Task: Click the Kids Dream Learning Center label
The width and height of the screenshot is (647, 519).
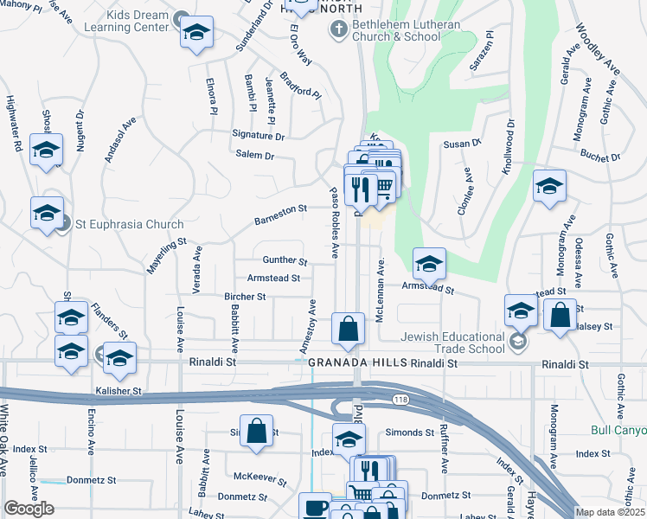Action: click(125, 21)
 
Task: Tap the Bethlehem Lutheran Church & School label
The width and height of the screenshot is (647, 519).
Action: click(396, 30)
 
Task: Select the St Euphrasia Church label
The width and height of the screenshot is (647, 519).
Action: click(129, 224)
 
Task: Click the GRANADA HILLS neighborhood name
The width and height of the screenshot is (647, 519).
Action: click(357, 365)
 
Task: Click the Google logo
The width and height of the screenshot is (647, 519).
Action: click(29, 509)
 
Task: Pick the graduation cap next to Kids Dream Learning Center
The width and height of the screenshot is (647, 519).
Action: click(196, 32)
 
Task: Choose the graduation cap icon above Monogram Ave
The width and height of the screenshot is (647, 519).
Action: click(549, 186)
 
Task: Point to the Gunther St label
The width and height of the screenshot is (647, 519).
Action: click(285, 260)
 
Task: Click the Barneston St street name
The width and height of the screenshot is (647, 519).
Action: click(280, 215)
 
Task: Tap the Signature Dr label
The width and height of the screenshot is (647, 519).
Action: click(258, 136)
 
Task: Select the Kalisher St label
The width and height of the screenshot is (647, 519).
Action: click(118, 392)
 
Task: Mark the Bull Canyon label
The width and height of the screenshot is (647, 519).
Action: click(618, 430)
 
